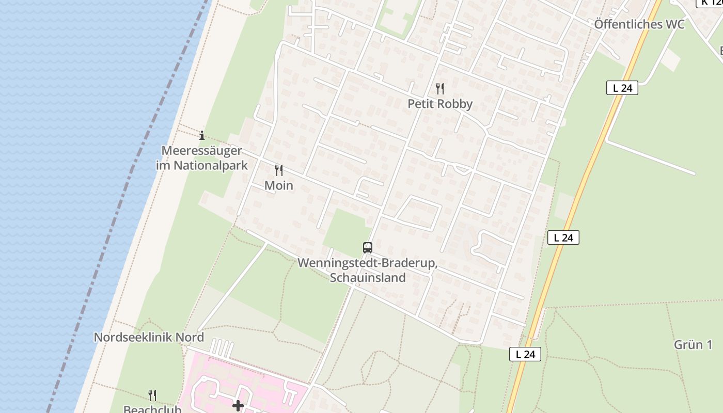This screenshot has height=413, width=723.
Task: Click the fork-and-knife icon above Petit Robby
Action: [440, 89]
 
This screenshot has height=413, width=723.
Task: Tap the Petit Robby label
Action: [440, 104]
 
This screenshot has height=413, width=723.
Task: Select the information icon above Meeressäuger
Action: [202, 135]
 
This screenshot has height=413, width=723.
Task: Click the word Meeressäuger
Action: [201, 151]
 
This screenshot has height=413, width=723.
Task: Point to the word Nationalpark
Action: [211, 166]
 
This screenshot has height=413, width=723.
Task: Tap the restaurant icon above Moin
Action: [279, 170]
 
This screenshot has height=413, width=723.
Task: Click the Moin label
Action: [279, 185]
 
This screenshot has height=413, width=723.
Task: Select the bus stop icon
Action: [368, 248]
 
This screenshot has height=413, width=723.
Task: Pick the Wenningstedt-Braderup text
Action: [368, 263]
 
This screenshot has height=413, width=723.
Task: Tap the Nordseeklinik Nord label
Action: [149, 338]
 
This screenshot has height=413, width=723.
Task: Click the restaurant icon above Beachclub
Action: [152, 395]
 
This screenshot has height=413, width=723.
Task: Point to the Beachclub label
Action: [152, 409]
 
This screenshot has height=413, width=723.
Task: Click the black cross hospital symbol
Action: [238, 406]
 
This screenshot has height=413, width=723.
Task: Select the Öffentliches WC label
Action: [639, 24]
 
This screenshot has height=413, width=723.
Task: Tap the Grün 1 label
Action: [693, 345]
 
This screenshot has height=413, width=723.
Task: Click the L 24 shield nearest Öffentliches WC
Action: [622, 88]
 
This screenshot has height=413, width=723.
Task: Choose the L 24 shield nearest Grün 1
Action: [525, 354]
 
